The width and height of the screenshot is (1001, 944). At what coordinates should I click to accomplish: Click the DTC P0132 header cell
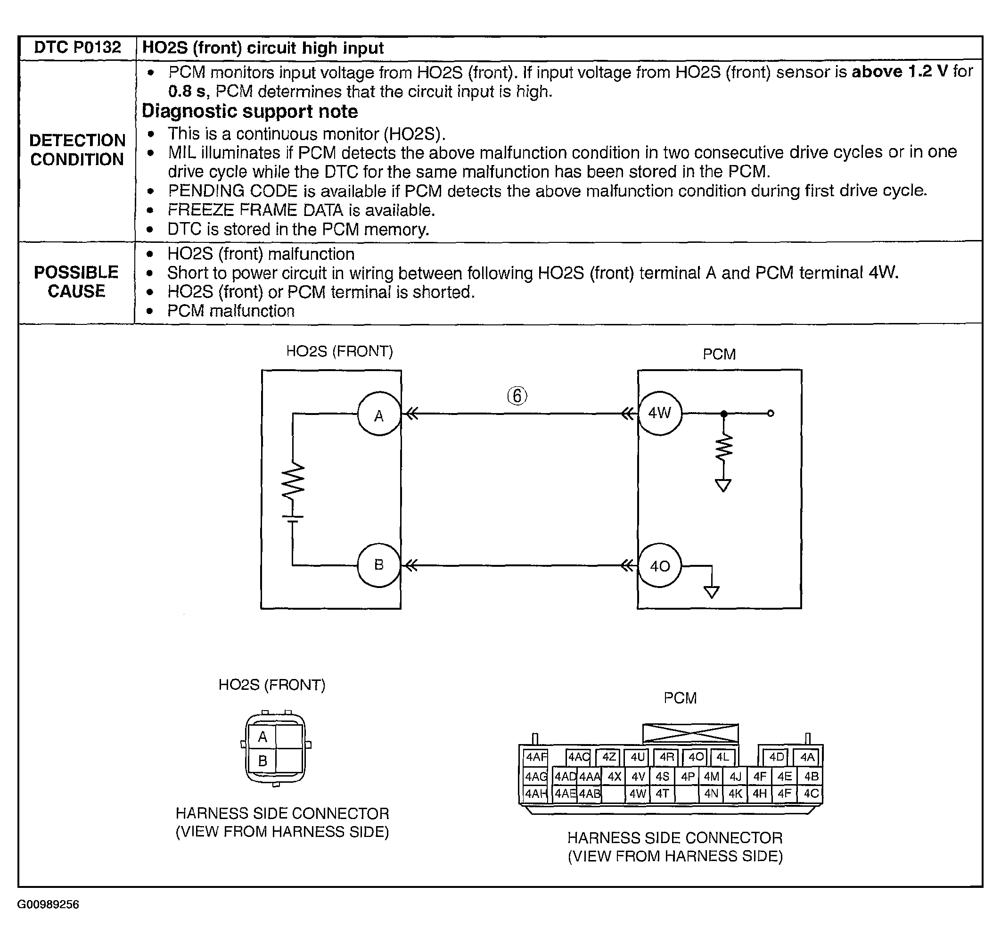[77, 48]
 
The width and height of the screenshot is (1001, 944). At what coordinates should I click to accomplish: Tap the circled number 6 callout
[517, 396]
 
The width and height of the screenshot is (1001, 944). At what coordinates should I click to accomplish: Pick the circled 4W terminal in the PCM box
[660, 414]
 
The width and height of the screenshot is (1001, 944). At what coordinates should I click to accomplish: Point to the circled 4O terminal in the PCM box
[660, 566]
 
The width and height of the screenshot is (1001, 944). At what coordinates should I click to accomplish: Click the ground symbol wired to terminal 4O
[712, 591]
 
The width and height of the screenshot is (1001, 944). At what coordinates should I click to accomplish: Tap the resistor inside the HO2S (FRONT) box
[293, 481]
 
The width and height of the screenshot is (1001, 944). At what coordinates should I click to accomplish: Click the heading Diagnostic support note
[250, 111]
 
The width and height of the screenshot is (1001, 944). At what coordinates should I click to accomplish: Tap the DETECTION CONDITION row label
[77, 149]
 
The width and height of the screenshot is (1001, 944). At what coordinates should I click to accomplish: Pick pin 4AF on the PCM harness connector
[536, 757]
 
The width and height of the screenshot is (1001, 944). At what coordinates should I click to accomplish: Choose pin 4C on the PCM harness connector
[811, 794]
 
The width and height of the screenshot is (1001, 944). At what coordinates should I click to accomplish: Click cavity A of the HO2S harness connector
[263, 737]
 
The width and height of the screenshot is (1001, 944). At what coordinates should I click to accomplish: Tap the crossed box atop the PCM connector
[690, 733]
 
